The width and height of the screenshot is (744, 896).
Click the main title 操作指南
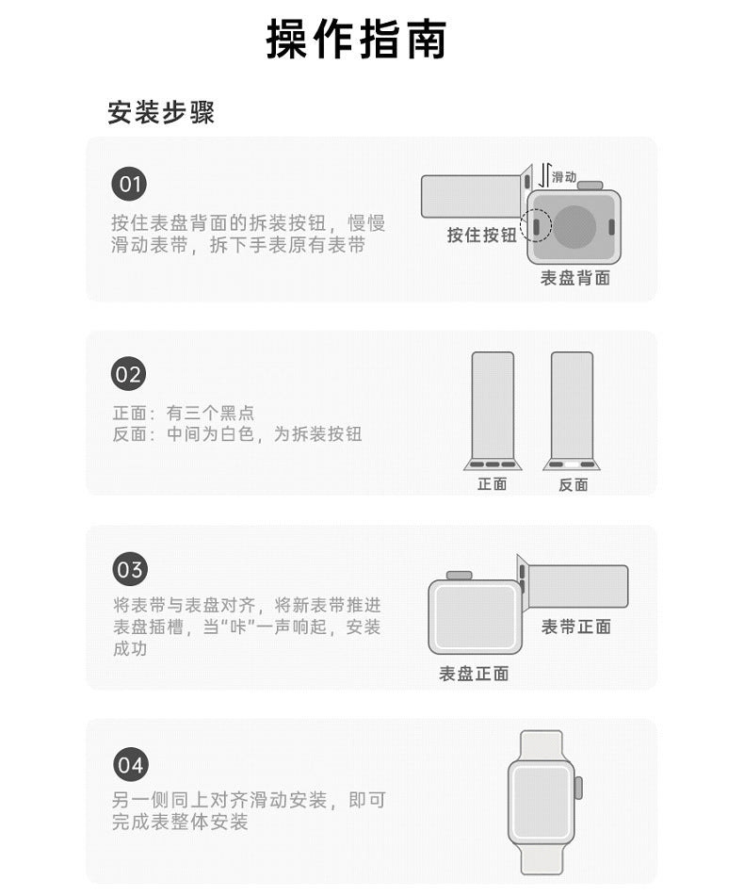[x=356, y=39]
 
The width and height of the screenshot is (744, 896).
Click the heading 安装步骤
[x=161, y=112]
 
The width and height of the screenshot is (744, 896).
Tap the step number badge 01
[x=129, y=184]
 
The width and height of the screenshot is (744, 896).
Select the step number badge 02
[x=128, y=374]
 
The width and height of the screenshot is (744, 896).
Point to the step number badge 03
[x=130, y=570]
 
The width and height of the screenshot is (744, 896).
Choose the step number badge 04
[x=130, y=765]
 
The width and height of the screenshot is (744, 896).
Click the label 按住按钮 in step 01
[x=482, y=235]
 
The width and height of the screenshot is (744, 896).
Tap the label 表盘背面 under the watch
[x=575, y=278]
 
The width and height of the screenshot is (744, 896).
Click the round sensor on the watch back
[x=574, y=227]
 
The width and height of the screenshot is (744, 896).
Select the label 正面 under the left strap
[x=493, y=484]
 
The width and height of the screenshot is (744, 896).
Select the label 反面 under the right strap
[x=573, y=485]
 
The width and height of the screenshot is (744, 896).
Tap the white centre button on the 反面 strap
[x=572, y=464]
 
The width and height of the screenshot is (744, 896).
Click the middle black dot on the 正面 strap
[x=493, y=464]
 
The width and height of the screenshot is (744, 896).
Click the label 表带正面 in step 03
[x=575, y=627]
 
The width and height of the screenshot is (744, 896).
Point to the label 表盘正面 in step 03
[x=474, y=674]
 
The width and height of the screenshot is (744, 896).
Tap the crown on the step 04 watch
[x=578, y=788]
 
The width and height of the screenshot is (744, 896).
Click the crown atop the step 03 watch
[x=459, y=576]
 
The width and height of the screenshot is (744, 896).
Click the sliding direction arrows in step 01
[x=544, y=174]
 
